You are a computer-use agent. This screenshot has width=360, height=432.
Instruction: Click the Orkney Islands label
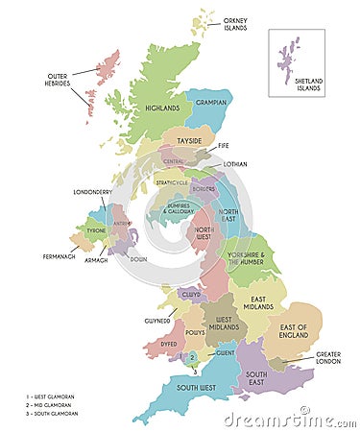click(x=235, y=24)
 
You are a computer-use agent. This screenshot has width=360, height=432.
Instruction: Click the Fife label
click(x=224, y=146)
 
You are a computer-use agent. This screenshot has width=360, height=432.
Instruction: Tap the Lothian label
click(x=234, y=164)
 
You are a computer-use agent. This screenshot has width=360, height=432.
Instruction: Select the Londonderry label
click(x=93, y=192)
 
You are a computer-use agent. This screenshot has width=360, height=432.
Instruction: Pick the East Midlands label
click(x=257, y=305)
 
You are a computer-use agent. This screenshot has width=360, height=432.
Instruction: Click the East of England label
click(x=294, y=331)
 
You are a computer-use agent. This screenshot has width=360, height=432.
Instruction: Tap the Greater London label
click(x=327, y=358)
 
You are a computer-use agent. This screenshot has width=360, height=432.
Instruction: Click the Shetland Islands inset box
click(x=296, y=62)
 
